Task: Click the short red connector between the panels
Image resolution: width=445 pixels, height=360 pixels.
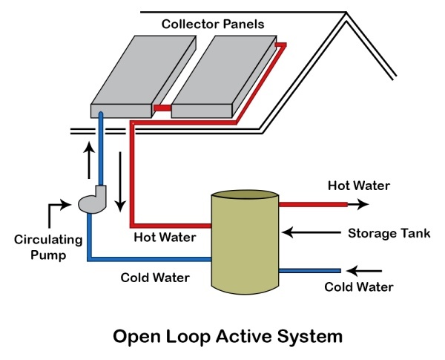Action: point(162,110)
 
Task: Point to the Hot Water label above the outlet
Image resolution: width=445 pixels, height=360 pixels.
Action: point(360,185)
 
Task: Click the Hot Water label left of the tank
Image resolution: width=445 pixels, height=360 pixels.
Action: point(165,238)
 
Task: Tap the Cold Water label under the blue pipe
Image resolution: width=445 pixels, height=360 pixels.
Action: point(156,278)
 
